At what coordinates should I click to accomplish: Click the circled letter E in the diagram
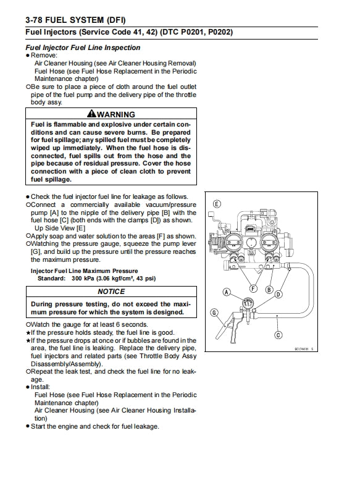point(216,204)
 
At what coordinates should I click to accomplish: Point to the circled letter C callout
point(278,335)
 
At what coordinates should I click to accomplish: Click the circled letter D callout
point(278,295)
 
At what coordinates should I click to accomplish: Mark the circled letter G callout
point(214,313)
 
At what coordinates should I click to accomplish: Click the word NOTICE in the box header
point(111,292)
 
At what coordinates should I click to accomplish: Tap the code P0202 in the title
point(219,32)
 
